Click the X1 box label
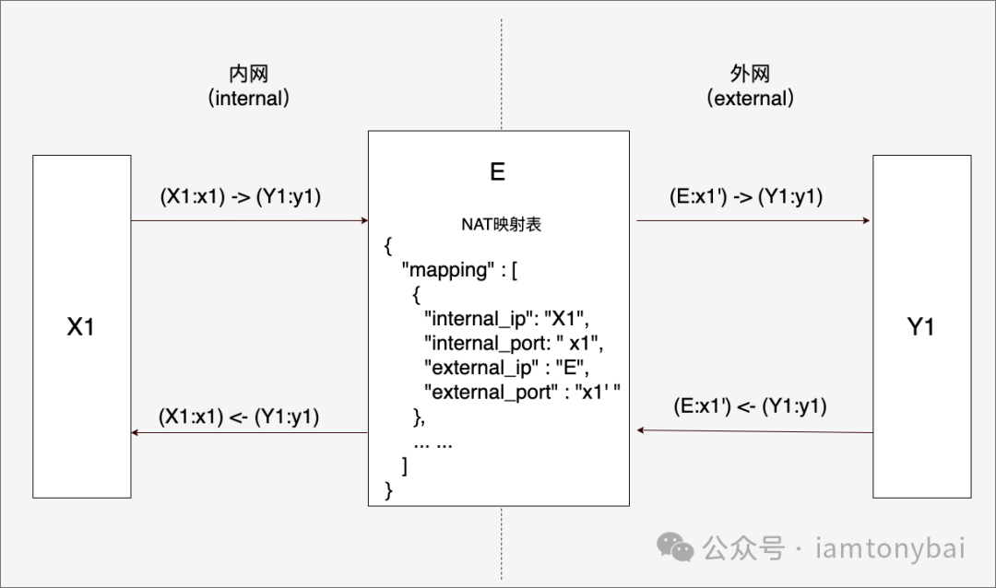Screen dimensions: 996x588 coord(81,326)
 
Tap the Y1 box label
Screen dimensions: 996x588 coord(921,326)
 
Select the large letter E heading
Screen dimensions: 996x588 coord(498,171)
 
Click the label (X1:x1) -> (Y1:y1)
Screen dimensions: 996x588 coord(240,196)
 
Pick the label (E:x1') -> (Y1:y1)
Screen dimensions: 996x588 coord(746,196)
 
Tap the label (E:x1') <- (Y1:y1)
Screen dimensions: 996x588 coord(749,406)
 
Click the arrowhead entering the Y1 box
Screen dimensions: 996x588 coord(868,221)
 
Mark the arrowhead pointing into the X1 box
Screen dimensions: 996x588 coord(136,432)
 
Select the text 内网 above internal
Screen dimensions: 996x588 coord(249,75)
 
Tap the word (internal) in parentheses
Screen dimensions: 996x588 coord(249,98)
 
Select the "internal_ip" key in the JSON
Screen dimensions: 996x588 coord(480,320)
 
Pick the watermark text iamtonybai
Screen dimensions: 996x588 coord(891,549)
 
